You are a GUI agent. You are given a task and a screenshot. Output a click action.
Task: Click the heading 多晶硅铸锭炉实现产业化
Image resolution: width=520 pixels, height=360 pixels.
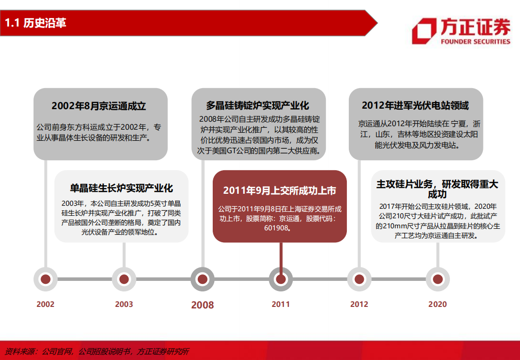click(258, 106)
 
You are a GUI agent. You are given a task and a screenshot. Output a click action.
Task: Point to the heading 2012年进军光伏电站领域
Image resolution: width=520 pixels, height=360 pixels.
click(415, 106)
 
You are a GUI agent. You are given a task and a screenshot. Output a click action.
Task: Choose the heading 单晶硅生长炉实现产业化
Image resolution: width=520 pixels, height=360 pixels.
click(122, 188)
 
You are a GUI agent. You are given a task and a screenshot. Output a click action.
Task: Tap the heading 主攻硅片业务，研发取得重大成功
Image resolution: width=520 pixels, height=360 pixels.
click(437, 189)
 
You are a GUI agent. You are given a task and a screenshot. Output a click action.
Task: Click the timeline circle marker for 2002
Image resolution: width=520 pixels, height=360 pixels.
click(46, 279)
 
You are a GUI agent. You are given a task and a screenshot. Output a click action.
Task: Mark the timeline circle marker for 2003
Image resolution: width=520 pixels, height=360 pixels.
click(124, 279)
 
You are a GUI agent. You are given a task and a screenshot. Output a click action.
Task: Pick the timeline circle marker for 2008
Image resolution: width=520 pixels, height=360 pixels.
click(202, 279)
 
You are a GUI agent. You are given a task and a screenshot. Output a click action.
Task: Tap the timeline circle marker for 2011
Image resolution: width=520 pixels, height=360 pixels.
click(281, 279)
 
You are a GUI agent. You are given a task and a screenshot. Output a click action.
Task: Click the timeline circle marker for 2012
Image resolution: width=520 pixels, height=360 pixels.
click(359, 279)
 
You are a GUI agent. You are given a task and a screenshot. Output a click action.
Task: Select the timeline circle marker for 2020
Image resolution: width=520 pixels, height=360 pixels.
click(437, 279)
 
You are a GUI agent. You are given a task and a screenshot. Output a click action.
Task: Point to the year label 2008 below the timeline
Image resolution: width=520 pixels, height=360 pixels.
click(202, 305)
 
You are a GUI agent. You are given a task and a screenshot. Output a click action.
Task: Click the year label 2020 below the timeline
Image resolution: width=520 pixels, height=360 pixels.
click(437, 304)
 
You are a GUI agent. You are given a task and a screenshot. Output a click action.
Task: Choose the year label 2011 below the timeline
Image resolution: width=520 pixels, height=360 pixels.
click(281, 304)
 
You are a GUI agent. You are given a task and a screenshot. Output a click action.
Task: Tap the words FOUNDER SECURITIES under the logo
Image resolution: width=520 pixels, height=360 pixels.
click(475, 42)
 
